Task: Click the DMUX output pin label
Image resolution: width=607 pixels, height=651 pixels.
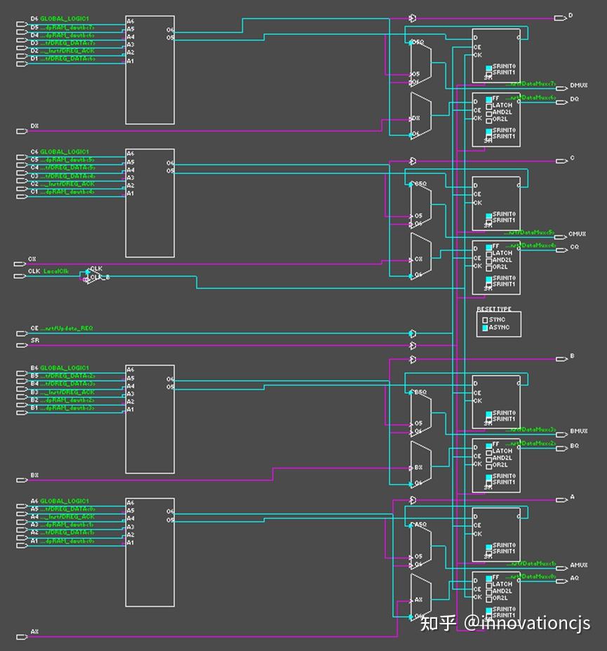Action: pyautogui.click(x=578, y=86)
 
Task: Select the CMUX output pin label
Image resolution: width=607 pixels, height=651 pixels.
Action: pyautogui.click(x=577, y=234)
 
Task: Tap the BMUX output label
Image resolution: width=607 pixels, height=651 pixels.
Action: pyautogui.click(x=578, y=431)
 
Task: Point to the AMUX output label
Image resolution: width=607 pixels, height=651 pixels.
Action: pyautogui.click(x=578, y=565)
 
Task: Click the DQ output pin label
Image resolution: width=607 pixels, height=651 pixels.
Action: pyautogui.click(x=574, y=99)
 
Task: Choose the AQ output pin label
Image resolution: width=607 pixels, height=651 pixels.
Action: pyautogui.click(x=574, y=579)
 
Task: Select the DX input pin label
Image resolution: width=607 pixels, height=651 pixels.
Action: pyautogui.click(x=34, y=126)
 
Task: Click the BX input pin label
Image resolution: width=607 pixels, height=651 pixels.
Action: pyautogui.click(x=34, y=475)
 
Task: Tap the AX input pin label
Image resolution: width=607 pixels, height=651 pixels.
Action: pyautogui.click(x=34, y=632)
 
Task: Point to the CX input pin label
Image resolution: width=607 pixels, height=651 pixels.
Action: pyautogui.click(x=32, y=259)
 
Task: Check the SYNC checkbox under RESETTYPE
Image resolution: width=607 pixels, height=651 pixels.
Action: pyautogui.click(x=485, y=320)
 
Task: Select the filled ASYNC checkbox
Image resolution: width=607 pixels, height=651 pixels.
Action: pyautogui.click(x=485, y=328)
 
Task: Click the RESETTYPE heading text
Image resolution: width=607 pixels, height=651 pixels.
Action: pyautogui.click(x=494, y=310)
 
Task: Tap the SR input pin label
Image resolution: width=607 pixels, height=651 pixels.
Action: pyautogui.click(x=34, y=340)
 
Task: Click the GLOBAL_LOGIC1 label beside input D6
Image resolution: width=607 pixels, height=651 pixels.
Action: pyautogui.click(x=65, y=18)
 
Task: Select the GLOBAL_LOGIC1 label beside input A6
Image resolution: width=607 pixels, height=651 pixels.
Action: pyautogui.click(x=65, y=501)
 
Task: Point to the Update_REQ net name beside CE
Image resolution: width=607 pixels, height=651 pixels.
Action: pyautogui.click(x=67, y=328)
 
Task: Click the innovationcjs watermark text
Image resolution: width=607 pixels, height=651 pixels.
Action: pyautogui.click(x=526, y=623)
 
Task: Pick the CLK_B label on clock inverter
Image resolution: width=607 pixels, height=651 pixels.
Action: pyautogui.click(x=100, y=277)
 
